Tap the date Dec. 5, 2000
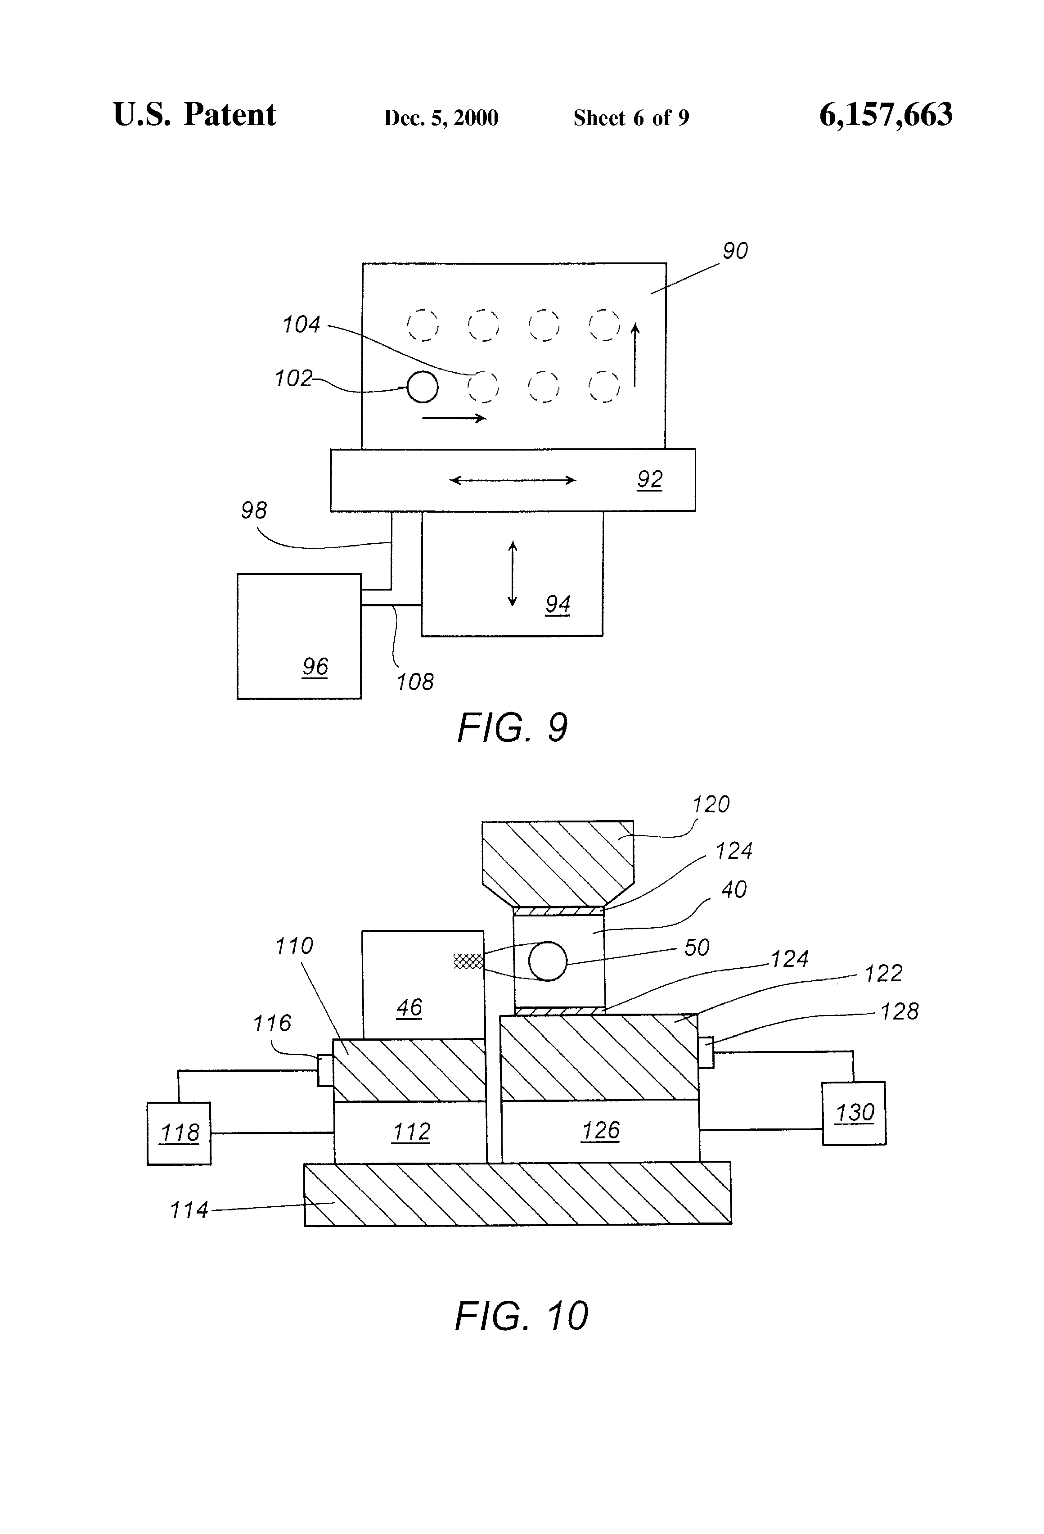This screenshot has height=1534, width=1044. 441,118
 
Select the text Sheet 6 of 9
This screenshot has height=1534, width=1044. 631,118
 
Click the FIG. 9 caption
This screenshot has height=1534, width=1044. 512,728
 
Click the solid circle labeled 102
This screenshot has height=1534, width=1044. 423,387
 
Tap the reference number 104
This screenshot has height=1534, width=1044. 301,325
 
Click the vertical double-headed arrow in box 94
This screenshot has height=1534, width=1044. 513,573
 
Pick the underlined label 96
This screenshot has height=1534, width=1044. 315,667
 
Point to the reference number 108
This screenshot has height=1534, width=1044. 414,682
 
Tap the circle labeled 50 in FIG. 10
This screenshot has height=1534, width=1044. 548,961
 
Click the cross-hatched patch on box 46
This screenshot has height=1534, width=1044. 468,961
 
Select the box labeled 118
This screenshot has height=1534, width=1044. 179,1133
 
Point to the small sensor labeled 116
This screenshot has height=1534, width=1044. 325,1069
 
